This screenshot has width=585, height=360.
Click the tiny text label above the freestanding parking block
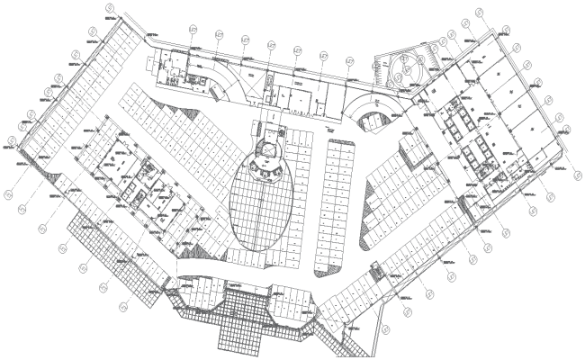pyautogui.click(x=329, y=133)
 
